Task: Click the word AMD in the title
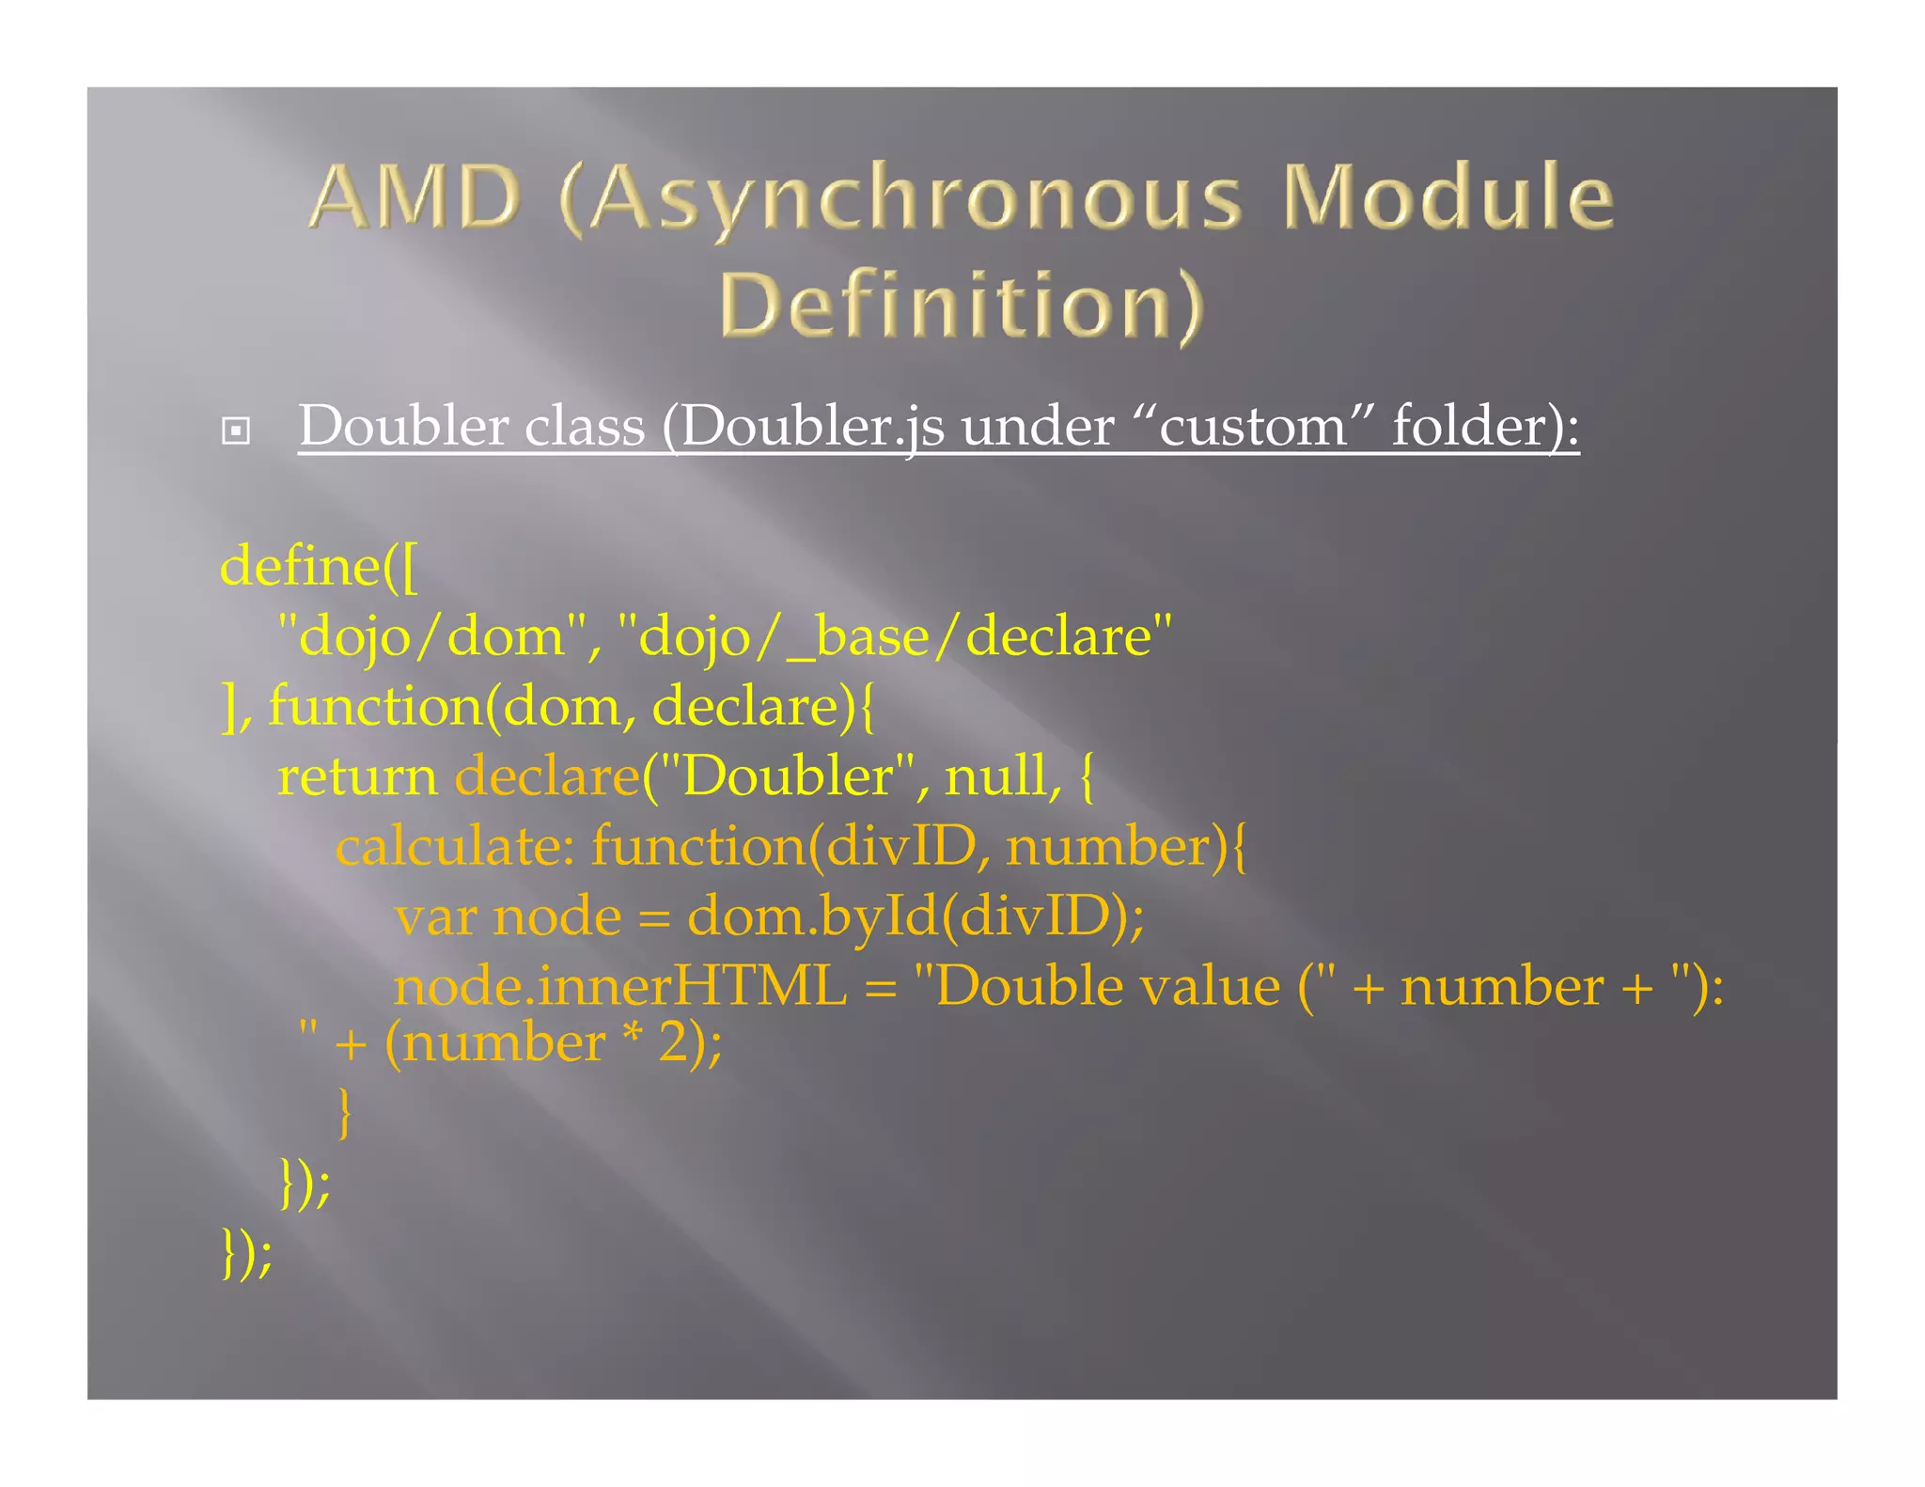click(415, 196)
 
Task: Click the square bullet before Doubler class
click(235, 431)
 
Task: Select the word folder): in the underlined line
click(1485, 427)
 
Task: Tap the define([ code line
click(319, 567)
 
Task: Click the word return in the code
click(357, 777)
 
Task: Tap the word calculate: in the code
click(455, 846)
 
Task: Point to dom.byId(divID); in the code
click(916, 916)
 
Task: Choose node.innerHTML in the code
click(619, 987)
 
